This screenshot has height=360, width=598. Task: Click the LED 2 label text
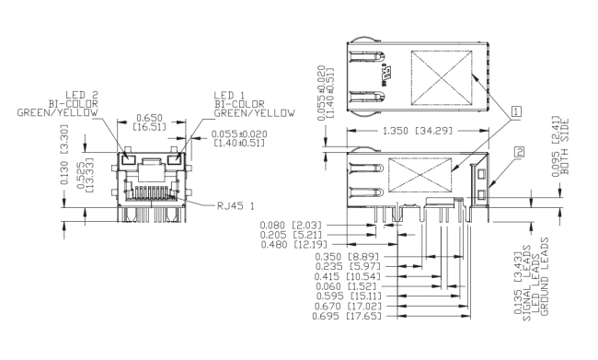point(82,95)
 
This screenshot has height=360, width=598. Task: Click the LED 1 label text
point(230,95)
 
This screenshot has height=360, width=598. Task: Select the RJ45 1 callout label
point(236,206)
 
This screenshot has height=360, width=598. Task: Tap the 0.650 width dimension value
point(149,118)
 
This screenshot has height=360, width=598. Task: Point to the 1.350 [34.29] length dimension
point(418,131)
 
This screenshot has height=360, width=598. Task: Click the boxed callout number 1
point(516,111)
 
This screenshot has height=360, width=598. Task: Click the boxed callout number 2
point(519,152)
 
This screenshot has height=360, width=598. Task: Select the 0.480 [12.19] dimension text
point(294,244)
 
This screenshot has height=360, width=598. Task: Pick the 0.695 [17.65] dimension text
point(347,316)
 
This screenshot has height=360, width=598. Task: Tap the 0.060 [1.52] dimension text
point(346,286)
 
